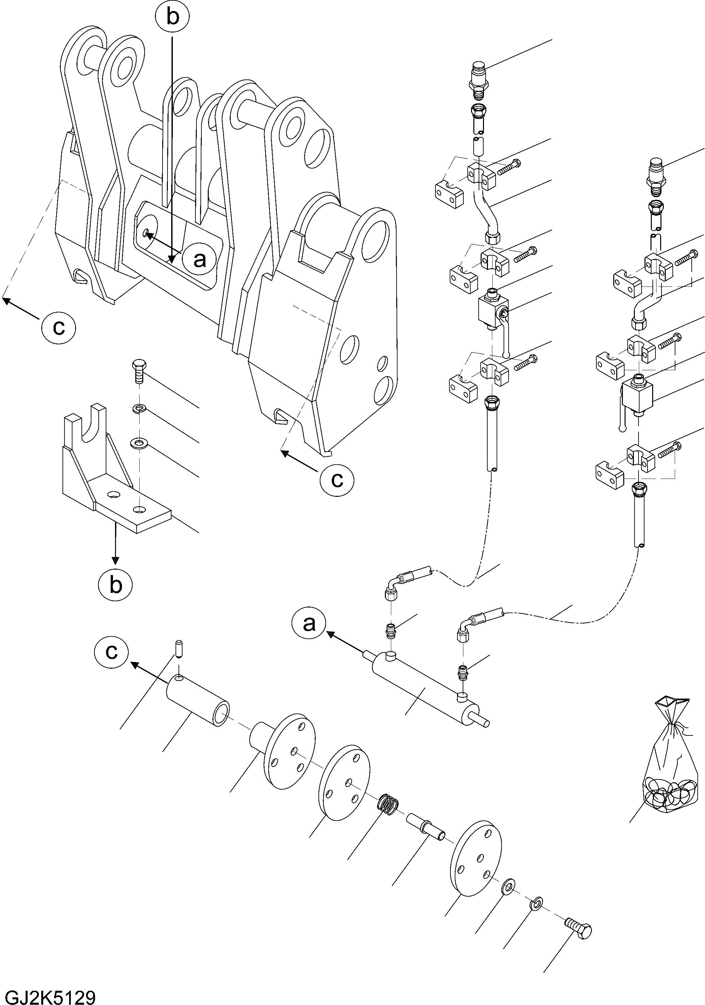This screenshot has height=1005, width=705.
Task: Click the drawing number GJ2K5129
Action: point(48,994)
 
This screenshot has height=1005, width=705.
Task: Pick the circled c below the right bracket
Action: point(336,480)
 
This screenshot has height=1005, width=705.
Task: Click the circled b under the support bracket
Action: point(115,584)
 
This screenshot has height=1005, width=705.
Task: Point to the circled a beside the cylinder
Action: point(309,623)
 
